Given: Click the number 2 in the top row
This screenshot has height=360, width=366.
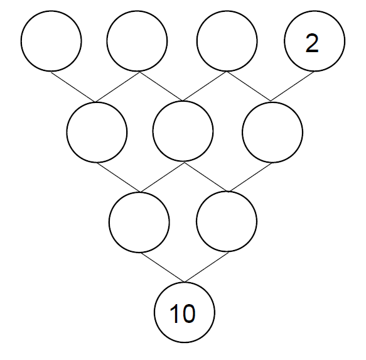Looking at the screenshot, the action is click(312, 43).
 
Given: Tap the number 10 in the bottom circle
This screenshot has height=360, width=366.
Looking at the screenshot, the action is click(183, 314).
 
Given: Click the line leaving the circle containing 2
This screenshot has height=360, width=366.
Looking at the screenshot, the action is click(293, 87).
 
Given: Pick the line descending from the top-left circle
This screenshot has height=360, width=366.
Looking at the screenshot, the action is click(73, 87).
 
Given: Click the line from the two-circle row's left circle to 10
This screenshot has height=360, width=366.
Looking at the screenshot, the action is click(162, 268).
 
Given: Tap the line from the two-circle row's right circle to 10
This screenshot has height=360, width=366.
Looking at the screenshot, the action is click(207, 267).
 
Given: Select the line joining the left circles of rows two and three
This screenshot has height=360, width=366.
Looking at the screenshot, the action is click(119, 177).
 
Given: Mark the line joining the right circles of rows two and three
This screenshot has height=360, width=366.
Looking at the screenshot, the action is click(250, 177).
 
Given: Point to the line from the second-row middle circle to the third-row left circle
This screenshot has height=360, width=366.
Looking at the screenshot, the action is click(162, 177).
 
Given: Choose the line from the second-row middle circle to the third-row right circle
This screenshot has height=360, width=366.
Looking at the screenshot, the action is click(207, 177).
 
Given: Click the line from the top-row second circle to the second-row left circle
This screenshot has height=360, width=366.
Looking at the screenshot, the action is click(117, 87).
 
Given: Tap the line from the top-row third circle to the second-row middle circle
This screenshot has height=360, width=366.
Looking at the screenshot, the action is click(205, 86).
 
